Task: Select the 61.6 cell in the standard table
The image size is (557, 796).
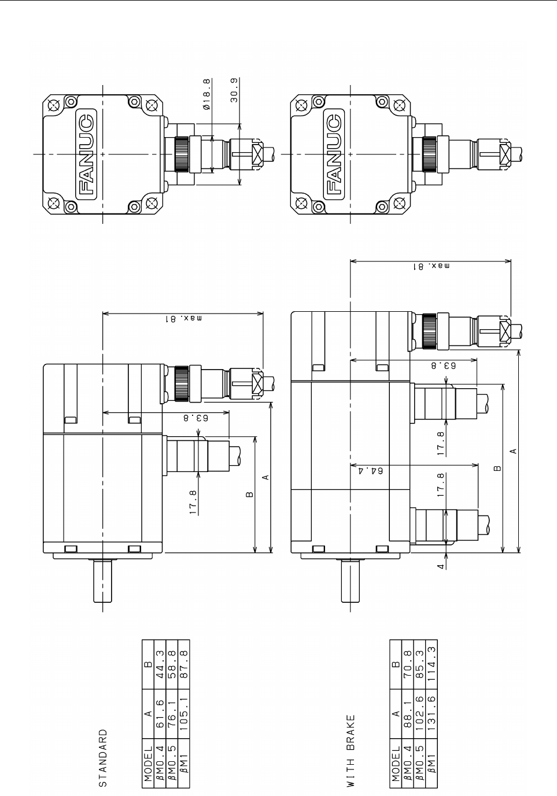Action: tap(160, 716)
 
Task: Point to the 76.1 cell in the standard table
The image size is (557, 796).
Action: tap(172, 716)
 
